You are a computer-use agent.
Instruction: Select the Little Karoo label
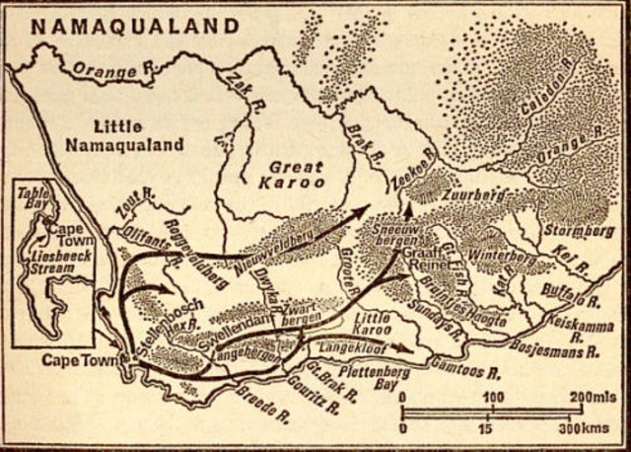pos(374,324)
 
